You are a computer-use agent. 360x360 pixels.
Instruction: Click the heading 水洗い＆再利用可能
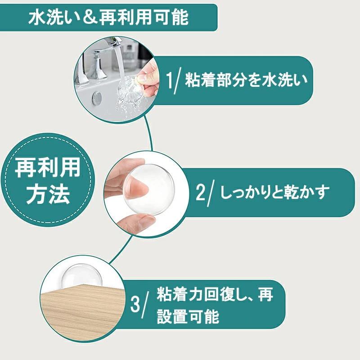click(x=108, y=18)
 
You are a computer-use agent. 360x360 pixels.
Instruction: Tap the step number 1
click(x=170, y=81)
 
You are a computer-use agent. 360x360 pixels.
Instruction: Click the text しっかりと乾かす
click(x=274, y=192)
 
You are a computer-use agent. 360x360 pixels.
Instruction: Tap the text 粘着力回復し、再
click(x=215, y=295)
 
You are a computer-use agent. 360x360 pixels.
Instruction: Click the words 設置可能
click(x=188, y=317)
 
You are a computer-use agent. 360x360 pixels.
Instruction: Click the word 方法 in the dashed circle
click(x=48, y=194)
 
